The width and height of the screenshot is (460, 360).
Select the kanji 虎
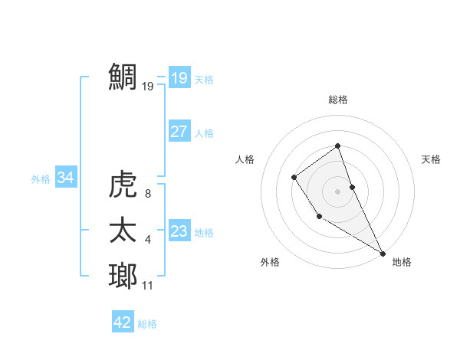124,185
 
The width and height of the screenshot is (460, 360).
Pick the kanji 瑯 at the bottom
124,275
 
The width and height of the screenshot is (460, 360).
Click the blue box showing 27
179,132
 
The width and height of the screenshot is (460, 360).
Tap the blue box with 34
65,178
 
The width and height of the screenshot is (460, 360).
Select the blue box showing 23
179,231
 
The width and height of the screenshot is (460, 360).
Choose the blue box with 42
123,322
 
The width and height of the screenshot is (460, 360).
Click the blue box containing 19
179,77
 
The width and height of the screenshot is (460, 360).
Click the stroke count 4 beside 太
148,241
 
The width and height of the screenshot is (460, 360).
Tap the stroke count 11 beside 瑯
148,286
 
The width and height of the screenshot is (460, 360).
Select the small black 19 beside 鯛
148,87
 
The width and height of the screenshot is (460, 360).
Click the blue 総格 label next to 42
147,324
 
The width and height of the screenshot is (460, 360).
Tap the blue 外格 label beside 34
41,179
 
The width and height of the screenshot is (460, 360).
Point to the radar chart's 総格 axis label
337,100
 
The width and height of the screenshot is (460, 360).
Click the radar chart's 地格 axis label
402,262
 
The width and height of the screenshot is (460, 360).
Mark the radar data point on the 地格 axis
383,253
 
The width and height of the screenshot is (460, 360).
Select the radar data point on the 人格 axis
294,178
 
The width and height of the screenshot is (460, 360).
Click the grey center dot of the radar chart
337,191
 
